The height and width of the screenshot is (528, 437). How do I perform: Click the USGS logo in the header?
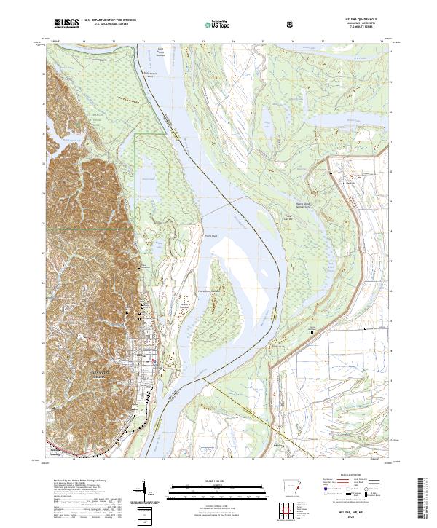click(66, 24)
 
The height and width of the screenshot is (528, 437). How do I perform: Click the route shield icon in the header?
click(291, 24)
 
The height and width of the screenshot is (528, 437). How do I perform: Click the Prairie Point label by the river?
click(210, 235)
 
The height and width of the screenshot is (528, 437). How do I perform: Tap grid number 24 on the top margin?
click(233, 42)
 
